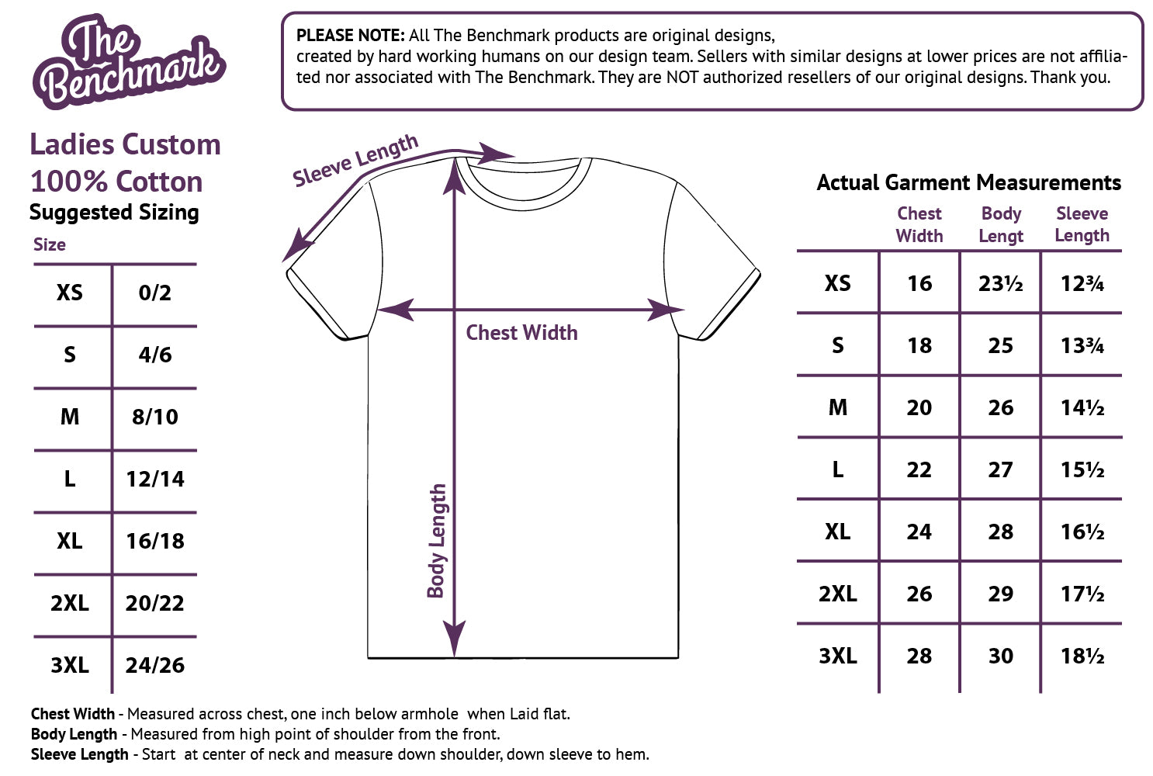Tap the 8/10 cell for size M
pos(154,417)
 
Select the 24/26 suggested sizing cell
pos(154,666)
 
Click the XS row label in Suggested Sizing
pos(69,293)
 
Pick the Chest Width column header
pos(919,224)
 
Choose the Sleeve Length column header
pos(1082,224)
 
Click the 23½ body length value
pos(1000,284)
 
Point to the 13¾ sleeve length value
pos(1082,346)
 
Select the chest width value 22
pos(919,470)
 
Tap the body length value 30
pos(1000,656)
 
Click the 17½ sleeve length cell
pos(1082,594)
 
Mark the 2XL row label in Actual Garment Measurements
pos(837,594)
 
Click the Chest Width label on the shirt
pos(521,333)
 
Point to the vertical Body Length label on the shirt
pos(437,541)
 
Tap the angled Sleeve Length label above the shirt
pos(355,161)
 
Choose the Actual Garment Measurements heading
pos(968,183)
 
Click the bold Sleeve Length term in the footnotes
pos(79,754)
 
